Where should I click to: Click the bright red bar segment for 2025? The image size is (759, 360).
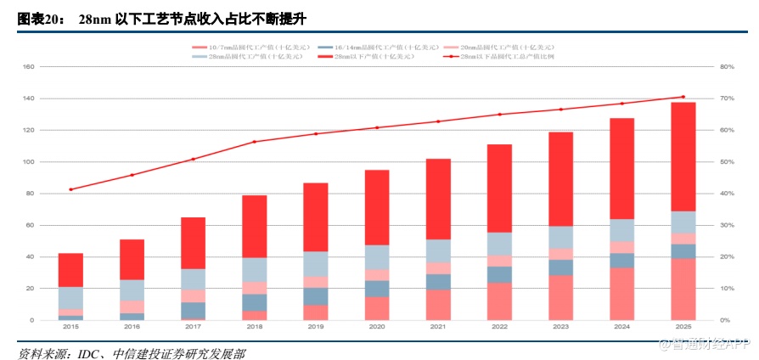683,156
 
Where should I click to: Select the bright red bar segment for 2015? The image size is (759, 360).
70,270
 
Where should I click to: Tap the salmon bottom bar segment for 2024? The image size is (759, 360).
621,294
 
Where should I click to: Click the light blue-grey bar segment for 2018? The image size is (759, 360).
254,269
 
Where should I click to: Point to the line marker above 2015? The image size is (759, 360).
70,189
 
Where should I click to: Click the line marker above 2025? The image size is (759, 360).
683,97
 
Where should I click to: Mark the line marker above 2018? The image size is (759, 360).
254,142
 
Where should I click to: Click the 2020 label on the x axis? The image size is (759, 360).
376,326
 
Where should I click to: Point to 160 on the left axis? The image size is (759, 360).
28,66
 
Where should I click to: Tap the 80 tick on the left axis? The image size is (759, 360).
30,194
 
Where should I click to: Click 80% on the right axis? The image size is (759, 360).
726,66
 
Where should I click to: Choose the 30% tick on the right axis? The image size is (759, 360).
726,225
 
